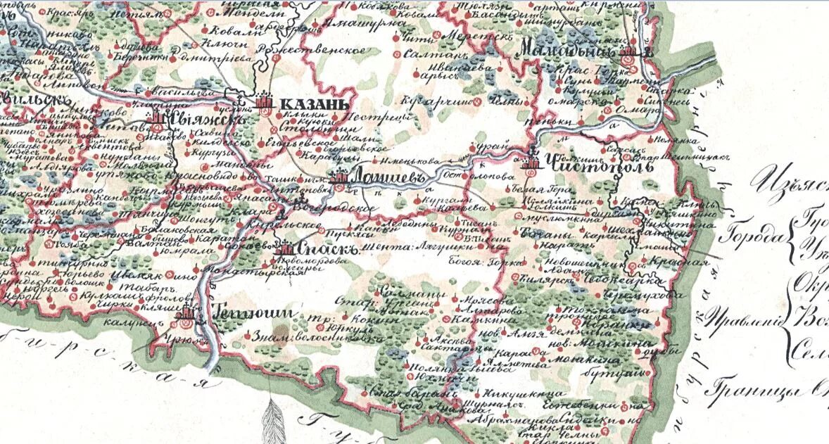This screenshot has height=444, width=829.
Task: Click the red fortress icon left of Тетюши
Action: (186, 313)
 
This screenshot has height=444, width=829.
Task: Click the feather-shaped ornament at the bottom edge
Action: (272, 422)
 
